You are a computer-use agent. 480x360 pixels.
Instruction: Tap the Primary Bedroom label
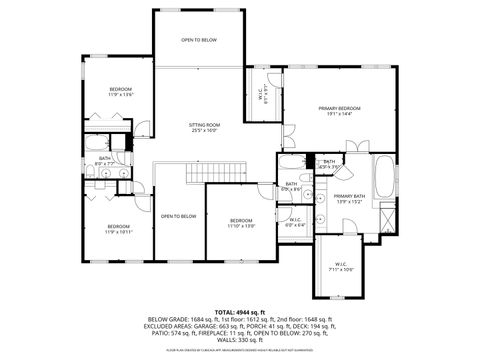click(340, 110)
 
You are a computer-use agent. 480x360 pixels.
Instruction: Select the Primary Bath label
click(349, 198)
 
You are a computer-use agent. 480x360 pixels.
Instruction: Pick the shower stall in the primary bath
click(386, 216)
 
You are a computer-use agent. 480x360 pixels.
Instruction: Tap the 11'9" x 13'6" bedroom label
click(121, 92)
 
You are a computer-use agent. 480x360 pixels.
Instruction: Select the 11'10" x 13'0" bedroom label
click(241, 223)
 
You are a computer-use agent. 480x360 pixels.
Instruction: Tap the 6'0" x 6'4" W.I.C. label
click(295, 222)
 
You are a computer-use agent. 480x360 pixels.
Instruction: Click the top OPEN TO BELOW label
click(199, 40)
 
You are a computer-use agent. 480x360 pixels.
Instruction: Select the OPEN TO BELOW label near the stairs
click(179, 216)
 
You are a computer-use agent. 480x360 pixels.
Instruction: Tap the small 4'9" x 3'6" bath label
click(329, 164)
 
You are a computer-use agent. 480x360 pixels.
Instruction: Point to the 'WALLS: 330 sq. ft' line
click(240, 340)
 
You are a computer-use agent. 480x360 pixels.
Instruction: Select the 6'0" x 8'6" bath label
click(292, 186)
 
